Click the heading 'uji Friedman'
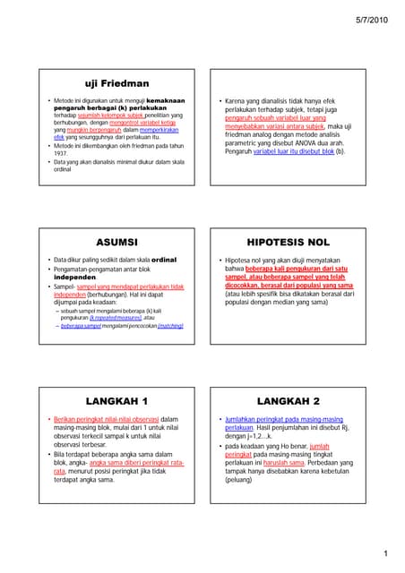(x=116, y=83)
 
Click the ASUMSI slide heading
(x=116, y=242)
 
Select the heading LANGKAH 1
(x=116, y=400)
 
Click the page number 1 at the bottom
(x=383, y=555)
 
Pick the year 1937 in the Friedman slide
(x=62, y=153)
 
